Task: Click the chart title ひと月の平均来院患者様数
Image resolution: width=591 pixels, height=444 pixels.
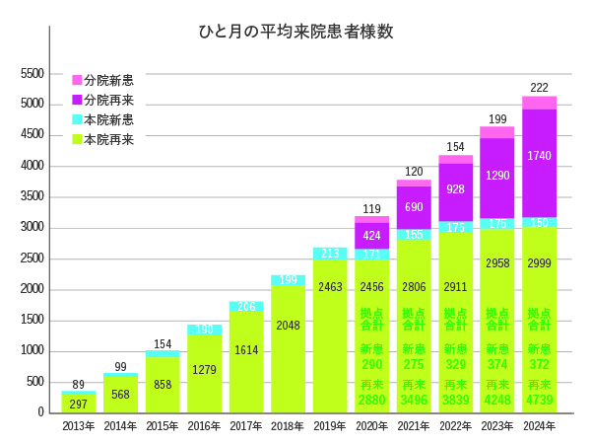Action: click(295, 32)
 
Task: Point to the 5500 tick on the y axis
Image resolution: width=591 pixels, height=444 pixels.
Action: click(33, 74)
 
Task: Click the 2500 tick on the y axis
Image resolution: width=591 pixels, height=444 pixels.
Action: click(33, 259)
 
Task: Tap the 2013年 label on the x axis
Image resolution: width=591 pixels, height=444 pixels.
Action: click(79, 426)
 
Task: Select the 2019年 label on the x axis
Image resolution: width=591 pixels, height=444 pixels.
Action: click(330, 426)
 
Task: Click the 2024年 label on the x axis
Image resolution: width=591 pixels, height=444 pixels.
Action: click(539, 426)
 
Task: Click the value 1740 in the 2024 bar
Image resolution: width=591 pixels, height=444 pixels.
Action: click(539, 156)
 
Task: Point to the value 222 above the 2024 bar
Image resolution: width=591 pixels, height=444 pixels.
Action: click(539, 88)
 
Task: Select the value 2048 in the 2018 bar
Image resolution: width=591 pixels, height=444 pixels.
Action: click(288, 326)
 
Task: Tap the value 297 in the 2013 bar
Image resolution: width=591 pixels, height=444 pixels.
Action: click(79, 405)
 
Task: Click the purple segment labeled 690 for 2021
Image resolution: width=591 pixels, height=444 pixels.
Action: click(414, 207)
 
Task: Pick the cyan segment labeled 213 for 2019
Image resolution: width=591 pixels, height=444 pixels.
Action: click(330, 254)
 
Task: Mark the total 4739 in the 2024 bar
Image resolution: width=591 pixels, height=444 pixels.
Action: click(539, 401)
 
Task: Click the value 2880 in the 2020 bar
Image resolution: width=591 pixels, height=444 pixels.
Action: click(371, 401)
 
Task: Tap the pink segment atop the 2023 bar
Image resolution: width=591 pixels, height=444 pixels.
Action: click(497, 132)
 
